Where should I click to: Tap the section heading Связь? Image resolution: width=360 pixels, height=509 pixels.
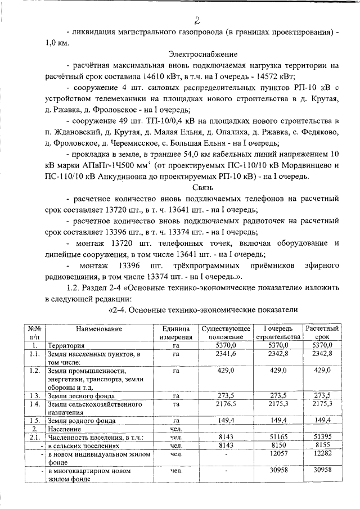pyautogui.click(x=202, y=187)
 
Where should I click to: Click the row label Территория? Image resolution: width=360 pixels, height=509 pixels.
pyautogui.click(x=66, y=344)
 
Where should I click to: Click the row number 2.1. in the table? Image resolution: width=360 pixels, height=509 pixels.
pyautogui.click(x=34, y=437)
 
